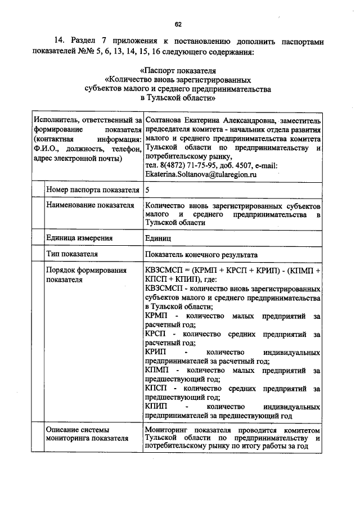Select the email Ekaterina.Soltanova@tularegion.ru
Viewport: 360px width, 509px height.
pyautogui.click(x=200, y=175)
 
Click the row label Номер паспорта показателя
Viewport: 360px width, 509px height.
pyautogui.click(x=92, y=190)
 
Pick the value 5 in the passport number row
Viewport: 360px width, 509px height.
pyautogui.click(x=147, y=190)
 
